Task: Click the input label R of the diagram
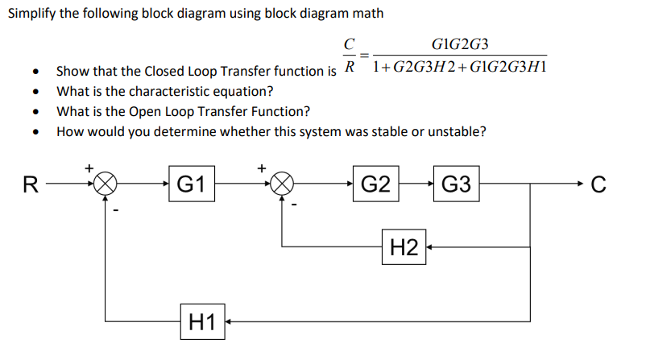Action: pos(31,184)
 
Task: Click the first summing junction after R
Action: pos(104,184)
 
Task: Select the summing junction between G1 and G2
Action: pos(281,184)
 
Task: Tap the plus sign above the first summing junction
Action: pos(89,167)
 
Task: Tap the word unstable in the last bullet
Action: pos(459,131)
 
